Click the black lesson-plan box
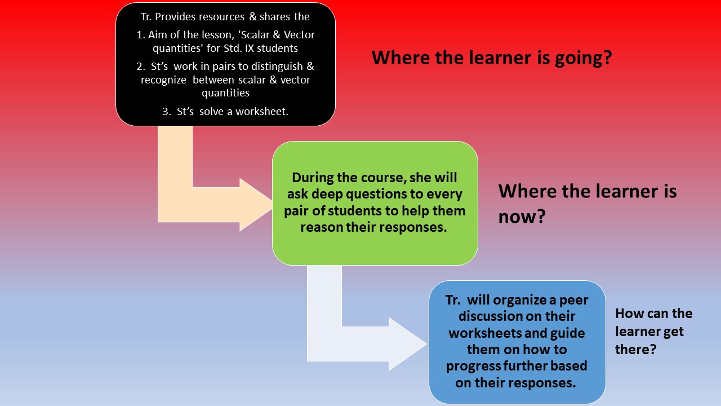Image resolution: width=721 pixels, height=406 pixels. pyautogui.click(x=225, y=64)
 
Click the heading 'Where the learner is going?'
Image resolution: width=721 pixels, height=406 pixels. pyautogui.click(x=491, y=58)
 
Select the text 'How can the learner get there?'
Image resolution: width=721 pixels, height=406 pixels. pyautogui.click(x=653, y=331)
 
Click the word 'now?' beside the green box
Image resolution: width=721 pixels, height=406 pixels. pyautogui.click(x=522, y=217)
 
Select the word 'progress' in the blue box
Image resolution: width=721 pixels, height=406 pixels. pyautogui.click(x=470, y=366)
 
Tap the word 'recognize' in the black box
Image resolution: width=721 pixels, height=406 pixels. pyautogui.click(x=164, y=80)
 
